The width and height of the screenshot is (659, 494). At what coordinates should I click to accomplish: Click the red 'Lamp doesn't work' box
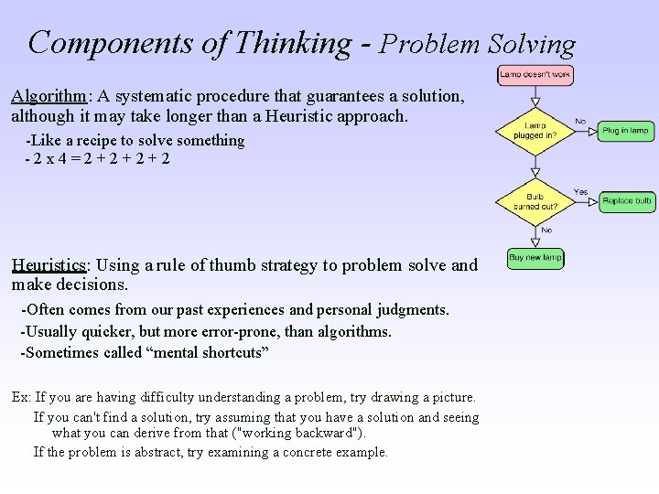pyautogui.click(x=535, y=75)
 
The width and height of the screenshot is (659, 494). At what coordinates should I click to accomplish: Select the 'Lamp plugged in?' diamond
pyautogui.click(x=535, y=131)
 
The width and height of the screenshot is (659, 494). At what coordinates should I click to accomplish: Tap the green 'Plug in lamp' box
pyautogui.click(x=626, y=131)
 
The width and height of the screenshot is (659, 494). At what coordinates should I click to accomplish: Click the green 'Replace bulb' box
pyautogui.click(x=626, y=201)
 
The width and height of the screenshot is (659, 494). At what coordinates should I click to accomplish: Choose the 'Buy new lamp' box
pyautogui.click(x=535, y=258)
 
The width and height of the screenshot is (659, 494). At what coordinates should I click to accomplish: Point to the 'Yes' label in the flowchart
pyautogui.click(x=580, y=192)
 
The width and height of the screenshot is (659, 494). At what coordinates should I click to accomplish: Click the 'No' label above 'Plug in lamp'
pyautogui.click(x=580, y=121)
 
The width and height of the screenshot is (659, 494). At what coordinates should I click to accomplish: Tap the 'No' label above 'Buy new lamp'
pyautogui.click(x=546, y=231)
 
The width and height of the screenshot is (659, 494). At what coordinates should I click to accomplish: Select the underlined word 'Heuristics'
pyautogui.click(x=49, y=266)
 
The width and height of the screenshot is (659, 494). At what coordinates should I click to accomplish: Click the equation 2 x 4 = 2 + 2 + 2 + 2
pyautogui.click(x=101, y=158)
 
